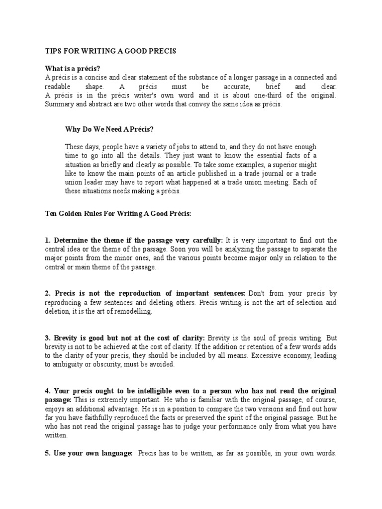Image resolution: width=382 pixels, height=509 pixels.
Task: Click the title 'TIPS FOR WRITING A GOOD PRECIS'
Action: [x=110, y=52]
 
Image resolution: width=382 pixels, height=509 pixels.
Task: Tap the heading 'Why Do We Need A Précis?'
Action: [x=109, y=130]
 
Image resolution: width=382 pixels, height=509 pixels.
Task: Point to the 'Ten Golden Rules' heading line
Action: [x=114, y=213]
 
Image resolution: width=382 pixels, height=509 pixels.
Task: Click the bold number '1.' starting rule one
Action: [x=48, y=240]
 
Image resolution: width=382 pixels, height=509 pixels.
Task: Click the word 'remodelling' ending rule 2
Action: [x=134, y=312]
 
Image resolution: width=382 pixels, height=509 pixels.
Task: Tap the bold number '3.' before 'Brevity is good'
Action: [x=48, y=338]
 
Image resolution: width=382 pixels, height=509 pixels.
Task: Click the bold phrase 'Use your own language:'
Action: [x=93, y=454]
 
